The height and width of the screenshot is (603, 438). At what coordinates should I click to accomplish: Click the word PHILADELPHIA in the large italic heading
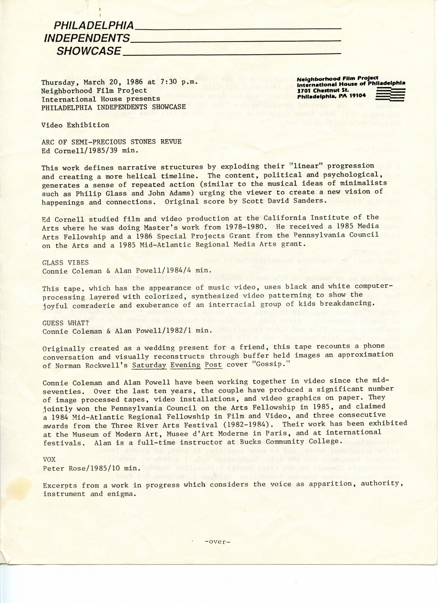94,25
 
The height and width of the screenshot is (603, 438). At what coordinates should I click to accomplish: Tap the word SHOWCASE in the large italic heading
89,51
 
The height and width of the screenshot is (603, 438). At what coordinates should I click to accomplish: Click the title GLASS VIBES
65,262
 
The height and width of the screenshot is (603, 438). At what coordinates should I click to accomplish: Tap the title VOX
49,459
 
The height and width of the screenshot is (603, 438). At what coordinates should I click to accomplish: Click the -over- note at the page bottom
217,542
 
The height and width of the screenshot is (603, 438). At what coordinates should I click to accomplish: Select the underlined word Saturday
149,365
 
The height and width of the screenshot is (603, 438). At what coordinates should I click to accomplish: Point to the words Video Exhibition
75,125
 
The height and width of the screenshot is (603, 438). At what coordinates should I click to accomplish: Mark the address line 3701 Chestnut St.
323,90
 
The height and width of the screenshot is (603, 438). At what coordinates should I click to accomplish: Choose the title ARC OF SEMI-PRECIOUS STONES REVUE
111,142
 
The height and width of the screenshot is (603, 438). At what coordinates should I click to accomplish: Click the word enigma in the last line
121,494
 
